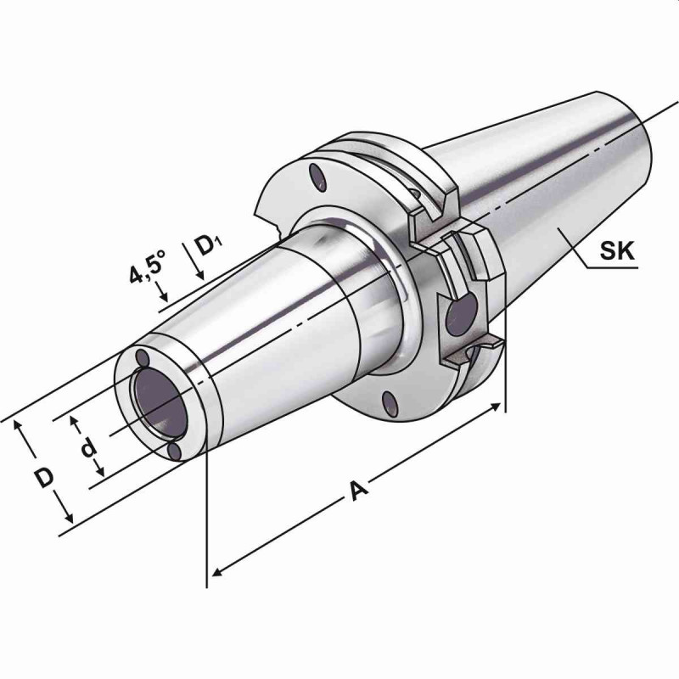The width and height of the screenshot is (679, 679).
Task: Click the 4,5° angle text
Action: click(147, 265)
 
